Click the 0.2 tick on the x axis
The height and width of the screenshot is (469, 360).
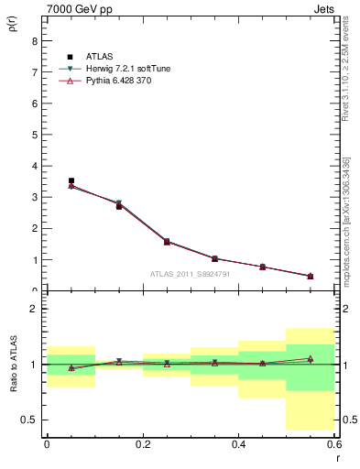point(142,444)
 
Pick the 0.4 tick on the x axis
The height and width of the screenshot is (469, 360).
point(238,444)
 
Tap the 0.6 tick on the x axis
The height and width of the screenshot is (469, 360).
point(333,444)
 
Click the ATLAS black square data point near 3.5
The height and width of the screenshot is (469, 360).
point(71,181)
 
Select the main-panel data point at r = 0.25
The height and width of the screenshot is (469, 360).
point(167,242)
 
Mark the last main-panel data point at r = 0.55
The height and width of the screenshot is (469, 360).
point(311,276)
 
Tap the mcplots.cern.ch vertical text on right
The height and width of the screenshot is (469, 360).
point(346,233)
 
